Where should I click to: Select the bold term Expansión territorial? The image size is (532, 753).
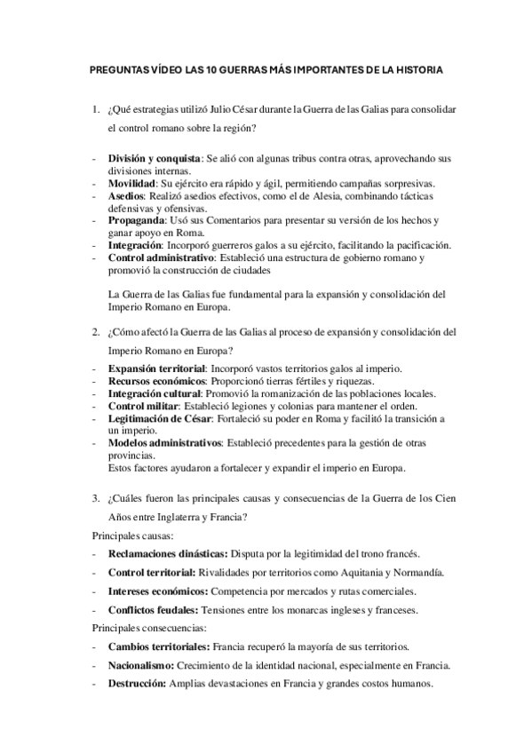coord(156,369)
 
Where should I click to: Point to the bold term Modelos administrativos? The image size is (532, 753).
coord(163,442)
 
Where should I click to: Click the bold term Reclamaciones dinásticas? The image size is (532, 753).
coord(168,553)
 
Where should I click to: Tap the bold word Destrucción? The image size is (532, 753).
coord(138,684)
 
